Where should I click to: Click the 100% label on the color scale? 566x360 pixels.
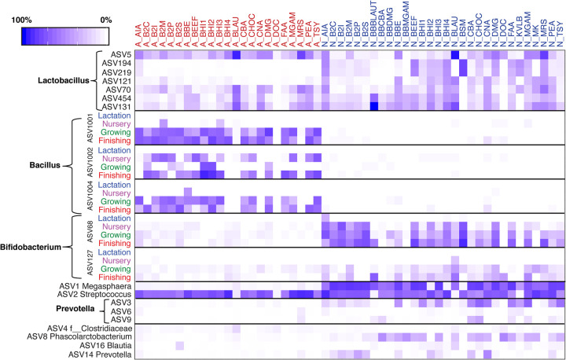coord(22,17)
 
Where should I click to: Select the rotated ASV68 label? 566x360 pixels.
coord(90,230)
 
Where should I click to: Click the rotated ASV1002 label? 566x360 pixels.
coord(90,163)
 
